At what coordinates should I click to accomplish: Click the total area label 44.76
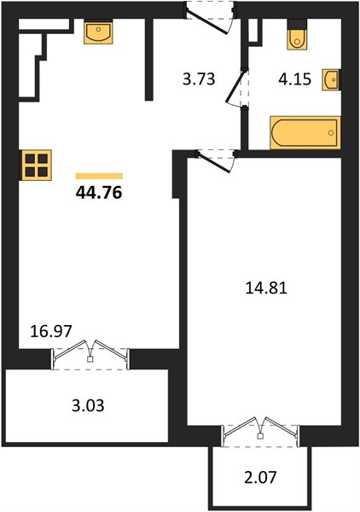(99, 193)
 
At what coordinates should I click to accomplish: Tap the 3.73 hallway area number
(199, 79)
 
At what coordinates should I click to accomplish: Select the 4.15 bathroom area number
(294, 79)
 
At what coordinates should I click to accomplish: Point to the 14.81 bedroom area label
(266, 288)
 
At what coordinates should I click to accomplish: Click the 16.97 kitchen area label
(50, 331)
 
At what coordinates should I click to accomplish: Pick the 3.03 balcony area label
(88, 405)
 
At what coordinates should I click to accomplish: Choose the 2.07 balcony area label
(260, 478)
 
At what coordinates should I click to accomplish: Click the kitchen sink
(98, 32)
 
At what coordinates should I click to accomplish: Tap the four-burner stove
(37, 165)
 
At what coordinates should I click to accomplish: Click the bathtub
(305, 132)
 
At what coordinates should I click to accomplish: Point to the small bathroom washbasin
(331, 79)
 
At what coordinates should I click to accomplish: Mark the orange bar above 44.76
(99, 177)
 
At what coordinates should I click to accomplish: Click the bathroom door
(236, 87)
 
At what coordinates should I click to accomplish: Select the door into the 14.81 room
(216, 160)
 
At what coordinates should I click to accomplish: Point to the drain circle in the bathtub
(331, 132)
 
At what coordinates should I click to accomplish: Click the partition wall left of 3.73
(149, 59)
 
